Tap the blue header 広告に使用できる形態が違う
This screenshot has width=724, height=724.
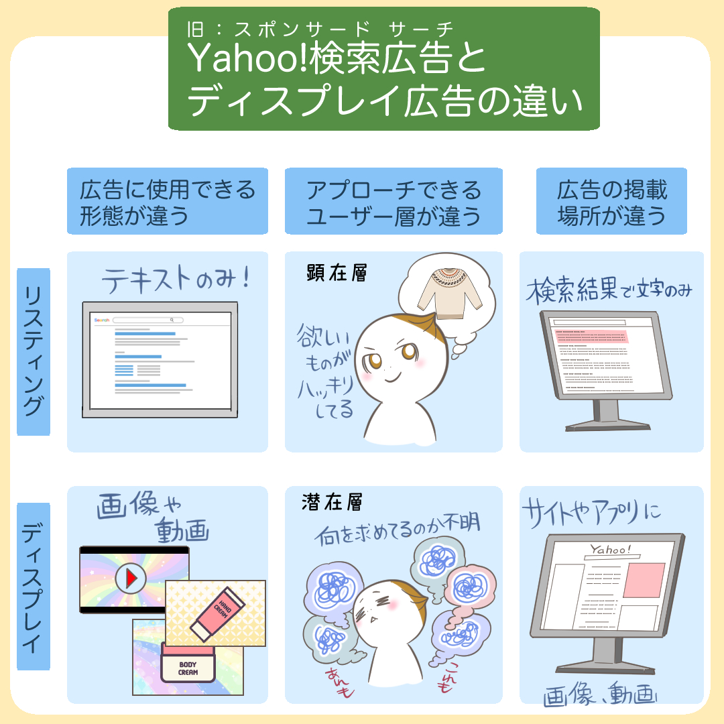click(167, 201)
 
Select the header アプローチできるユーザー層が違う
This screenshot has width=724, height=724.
click(394, 201)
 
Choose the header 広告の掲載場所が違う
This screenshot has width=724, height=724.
click(611, 201)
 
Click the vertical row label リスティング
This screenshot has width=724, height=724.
click(34, 351)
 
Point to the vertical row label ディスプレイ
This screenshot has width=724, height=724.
click(34, 587)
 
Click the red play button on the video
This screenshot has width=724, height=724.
click(131, 579)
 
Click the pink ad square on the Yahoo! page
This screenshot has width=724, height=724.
click(644, 580)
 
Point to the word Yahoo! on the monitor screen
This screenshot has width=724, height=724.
click(609, 550)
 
